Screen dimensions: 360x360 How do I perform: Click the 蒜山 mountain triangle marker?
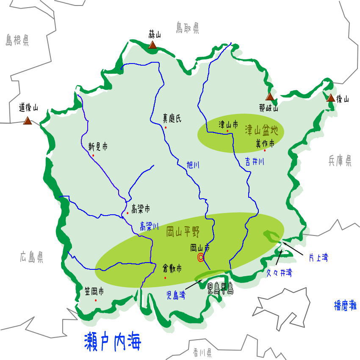152,44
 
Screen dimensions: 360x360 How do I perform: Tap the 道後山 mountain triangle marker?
28,121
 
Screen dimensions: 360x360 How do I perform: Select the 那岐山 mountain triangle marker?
270,97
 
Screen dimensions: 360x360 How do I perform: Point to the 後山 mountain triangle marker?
331,98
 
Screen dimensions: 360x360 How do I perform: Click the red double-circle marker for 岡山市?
201,257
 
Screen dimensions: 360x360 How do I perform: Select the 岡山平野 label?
183,231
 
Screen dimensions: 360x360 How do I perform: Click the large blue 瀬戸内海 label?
113,341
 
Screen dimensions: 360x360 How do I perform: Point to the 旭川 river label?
193,165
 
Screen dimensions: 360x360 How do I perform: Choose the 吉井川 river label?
255,161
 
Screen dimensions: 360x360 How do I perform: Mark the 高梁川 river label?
149,227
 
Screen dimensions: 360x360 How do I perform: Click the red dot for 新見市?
93,155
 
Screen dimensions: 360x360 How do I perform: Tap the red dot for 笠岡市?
96,300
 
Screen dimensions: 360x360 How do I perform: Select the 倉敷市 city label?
172,268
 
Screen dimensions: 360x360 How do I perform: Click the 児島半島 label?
220,290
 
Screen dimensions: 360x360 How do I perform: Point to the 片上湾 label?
318,257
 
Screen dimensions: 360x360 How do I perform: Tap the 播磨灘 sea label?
345,306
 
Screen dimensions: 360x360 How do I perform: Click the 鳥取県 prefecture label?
188,28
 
